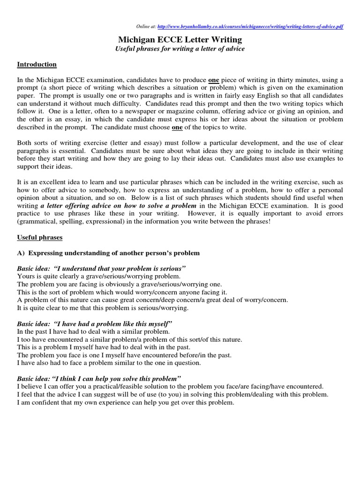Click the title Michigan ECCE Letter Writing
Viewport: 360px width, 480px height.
[180, 39]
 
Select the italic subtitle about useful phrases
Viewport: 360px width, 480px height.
[180, 49]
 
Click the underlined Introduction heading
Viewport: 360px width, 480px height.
[37, 64]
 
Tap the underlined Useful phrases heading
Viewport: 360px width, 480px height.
[39, 238]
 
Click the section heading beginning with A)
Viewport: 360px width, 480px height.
[108, 253]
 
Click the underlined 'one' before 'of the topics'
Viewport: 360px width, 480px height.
[177, 127]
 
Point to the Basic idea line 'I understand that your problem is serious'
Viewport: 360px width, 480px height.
[101, 269]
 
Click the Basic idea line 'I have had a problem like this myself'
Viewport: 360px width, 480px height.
[95, 324]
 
